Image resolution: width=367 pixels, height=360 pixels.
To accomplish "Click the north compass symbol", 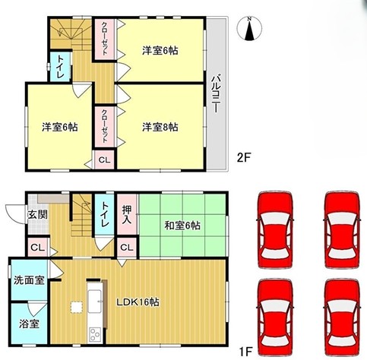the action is [249, 28].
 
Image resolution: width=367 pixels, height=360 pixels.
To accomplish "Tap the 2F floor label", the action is [244, 158].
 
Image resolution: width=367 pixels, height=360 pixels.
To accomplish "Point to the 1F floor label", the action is [245, 352].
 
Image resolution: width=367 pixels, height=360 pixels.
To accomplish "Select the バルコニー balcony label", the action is [216, 93].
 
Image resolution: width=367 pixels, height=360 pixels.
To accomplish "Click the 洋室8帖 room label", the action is [160, 127].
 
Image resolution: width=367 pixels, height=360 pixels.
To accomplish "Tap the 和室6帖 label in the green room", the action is [182, 226].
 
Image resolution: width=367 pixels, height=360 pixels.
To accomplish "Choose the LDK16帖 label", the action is [138, 302].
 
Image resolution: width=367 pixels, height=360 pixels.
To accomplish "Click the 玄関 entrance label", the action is [38, 215].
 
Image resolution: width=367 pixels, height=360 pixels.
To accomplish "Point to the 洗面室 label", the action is [29, 280].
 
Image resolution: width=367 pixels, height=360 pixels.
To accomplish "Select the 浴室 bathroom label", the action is [29, 324].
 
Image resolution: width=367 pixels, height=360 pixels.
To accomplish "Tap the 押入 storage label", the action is [127, 214].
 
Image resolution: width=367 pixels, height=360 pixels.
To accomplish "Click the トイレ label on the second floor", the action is [60, 67].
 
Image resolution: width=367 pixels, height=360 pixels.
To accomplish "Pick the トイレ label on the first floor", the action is [104, 214].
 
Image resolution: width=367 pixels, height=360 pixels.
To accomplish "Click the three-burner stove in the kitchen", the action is [95, 335].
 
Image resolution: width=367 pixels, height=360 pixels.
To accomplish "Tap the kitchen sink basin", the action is [95, 302].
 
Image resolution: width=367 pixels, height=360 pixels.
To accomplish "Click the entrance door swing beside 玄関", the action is [16, 214].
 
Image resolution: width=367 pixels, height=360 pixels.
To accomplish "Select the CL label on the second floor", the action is [104, 160].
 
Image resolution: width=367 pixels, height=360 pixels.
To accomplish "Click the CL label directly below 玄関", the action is [38, 248].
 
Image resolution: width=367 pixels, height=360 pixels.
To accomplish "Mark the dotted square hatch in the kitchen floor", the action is [77, 308].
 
